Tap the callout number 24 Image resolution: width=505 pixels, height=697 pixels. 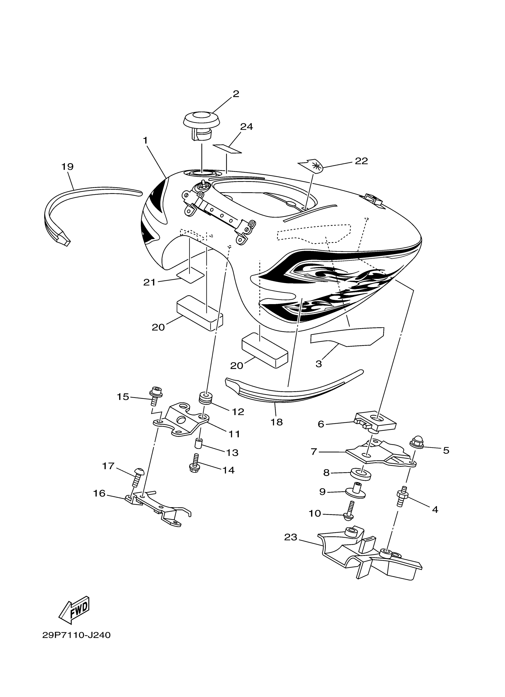(x=246, y=127)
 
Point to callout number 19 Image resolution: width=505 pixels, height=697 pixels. (x=67, y=167)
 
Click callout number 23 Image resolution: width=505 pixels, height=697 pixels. (x=291, y=537)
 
